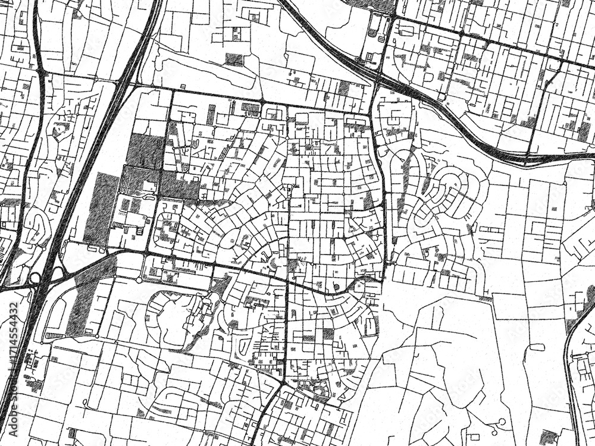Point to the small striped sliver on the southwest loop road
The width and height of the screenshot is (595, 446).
pos(54,337)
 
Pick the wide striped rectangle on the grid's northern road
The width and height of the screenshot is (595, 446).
pos(251,108)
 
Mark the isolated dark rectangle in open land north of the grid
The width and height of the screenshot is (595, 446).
pos(234,59)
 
